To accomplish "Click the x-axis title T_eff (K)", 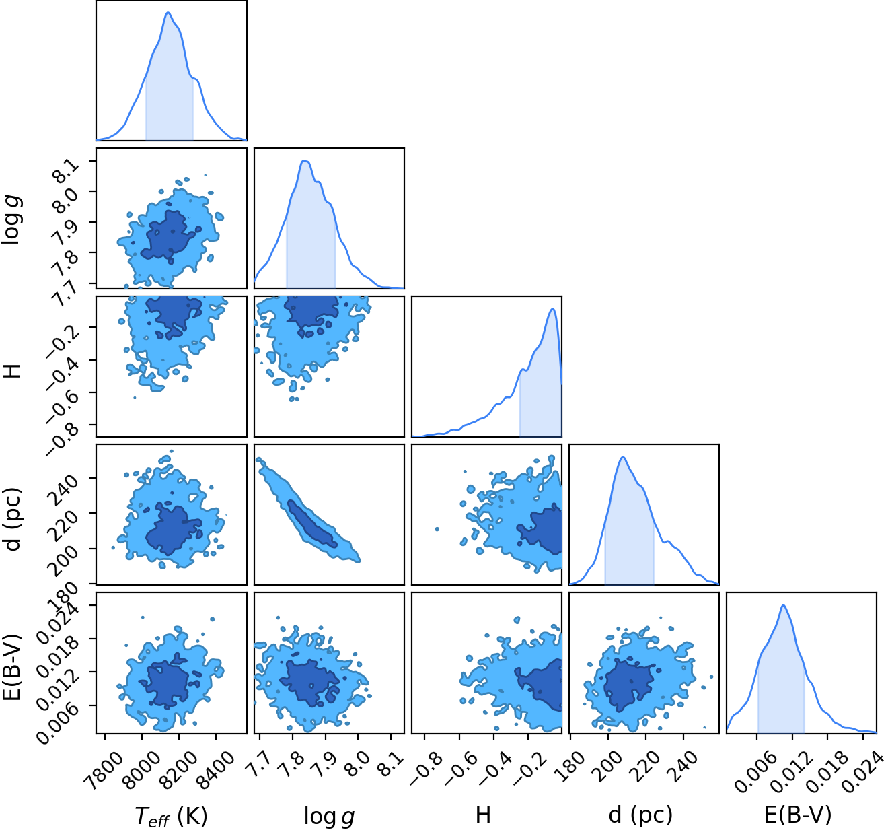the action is coord(172,816).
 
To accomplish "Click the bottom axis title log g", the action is coord(329,817).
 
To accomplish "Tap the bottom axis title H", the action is coord(483,815).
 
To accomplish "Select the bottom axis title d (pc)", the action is coord(640,815).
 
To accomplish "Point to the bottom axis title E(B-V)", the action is coord(798,815).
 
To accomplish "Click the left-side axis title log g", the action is coord(13,219).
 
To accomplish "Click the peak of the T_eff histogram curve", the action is coord(168,12).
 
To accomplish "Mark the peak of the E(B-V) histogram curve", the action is coord(783,605).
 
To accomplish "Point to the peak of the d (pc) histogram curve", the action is coord(623,457).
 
